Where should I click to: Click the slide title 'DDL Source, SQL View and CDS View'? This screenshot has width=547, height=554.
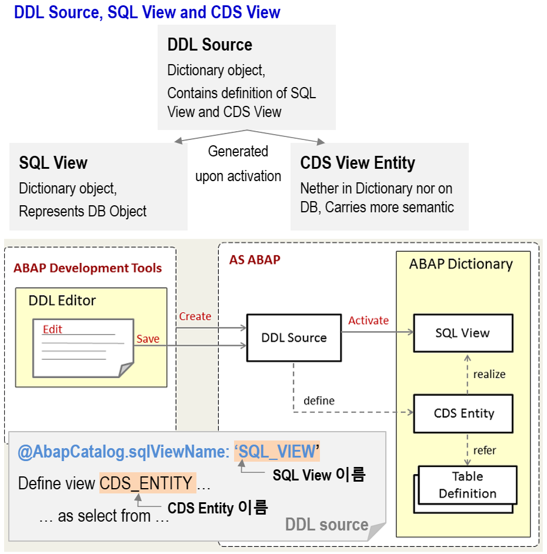(x=147, y=12)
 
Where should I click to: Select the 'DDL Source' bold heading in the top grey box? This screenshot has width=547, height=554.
(x=209, y=45)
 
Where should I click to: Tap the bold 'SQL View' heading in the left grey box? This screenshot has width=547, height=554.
(x=53, y=163)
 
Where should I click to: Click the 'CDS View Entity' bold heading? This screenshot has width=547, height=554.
(x=357, y=163)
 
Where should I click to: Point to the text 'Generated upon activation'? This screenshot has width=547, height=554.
(x=238, y=163)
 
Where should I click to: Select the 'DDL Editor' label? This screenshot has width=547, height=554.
(x=62, y=301)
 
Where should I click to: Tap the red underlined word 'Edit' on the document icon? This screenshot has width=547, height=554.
(x=52, y=329)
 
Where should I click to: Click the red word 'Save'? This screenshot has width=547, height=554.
(x=148, y=339)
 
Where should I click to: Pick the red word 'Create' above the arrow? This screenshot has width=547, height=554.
(x=195, y=316)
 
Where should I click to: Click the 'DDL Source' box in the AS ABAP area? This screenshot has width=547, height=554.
(x=293, y=338)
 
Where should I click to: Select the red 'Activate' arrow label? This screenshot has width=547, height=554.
(x=368, y=321)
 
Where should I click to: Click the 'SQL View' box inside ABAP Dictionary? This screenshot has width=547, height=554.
(x=462, y=333)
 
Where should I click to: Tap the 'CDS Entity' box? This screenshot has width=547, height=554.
(x=463, y=413)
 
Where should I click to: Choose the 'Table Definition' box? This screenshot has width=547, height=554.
(x=467, y=485)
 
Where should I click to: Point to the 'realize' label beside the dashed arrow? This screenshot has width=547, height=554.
(x=489, y=374)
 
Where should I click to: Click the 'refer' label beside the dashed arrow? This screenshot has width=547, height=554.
(x=485, y=450)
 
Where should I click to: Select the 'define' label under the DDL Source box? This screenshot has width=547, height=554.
(x=319, y=401)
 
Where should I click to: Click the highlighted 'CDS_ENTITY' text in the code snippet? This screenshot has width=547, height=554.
(x=146, y=483)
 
